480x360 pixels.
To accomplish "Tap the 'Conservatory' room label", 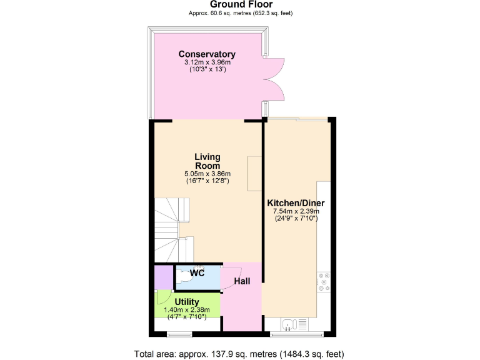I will tap(207, 54).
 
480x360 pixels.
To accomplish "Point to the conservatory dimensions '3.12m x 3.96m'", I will tap(207, 62).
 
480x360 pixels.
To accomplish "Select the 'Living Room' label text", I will tap(207, 161).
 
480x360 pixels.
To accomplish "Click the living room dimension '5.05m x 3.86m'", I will tap(207, 174).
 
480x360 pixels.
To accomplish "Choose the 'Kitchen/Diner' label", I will tap(296, 203).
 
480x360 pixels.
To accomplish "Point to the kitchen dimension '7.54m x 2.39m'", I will tap(296, 212).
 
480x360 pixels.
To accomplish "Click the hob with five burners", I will tap(324, 282).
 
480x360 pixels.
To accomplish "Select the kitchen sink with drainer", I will tap(295, 324).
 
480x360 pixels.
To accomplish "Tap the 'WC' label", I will tap(197, 273).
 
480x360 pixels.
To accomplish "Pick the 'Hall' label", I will tap(242, 282).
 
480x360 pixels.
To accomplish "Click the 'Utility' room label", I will tap(187, 302).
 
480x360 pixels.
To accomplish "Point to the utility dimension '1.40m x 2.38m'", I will tap(187, 310).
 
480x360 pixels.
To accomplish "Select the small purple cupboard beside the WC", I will tap(163, 277).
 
